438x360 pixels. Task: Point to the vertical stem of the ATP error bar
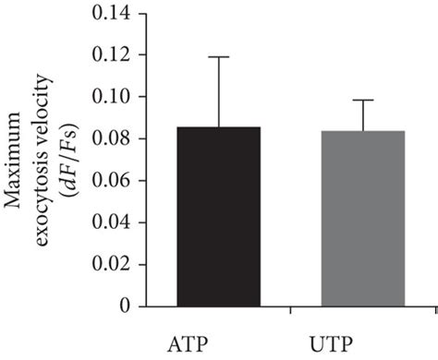tap(217, 92)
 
